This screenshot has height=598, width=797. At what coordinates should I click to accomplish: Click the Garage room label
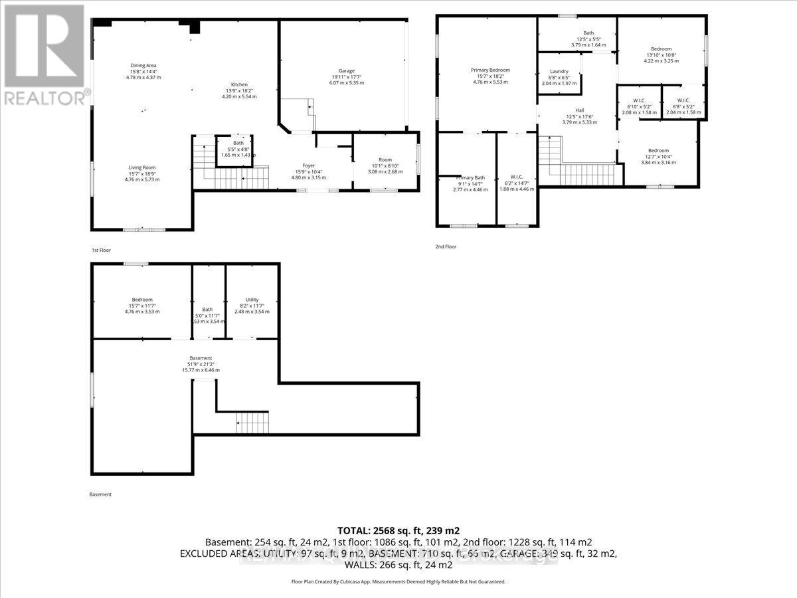[x=346, y=70]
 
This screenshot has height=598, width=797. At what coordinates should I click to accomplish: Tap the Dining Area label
[x=143, y=65]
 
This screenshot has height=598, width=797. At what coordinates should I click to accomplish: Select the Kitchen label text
[x=239, y=84]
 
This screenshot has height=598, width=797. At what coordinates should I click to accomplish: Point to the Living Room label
[x=143, y=167]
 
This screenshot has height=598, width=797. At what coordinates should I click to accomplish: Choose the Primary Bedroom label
[x=490, y=70]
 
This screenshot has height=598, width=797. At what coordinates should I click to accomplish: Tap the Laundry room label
[x=559, y=71]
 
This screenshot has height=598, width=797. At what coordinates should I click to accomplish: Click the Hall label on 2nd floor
[x=580, y=110]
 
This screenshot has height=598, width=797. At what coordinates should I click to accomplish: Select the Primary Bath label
[x=470, y=177]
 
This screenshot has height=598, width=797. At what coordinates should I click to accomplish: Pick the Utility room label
[x=252, y=300]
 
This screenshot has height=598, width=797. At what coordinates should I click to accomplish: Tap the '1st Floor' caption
[x=102, y=250]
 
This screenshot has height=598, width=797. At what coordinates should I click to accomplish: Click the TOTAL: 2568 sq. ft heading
[x=398, y=531]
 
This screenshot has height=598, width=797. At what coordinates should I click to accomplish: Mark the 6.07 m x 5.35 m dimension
[x=346, y=84]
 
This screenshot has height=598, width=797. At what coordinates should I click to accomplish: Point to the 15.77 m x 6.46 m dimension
[x=201, y=370]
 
